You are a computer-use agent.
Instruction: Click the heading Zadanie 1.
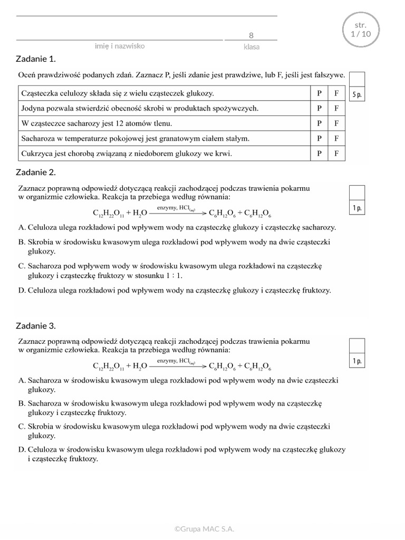36,59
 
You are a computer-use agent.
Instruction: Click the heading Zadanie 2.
36,172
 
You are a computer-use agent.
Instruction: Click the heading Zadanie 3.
36,325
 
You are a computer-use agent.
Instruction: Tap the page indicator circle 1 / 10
360,30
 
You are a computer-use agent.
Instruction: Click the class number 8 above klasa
251,35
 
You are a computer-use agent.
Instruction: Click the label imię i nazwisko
120,46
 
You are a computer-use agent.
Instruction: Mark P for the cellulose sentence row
319,93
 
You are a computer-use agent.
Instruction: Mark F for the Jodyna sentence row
336,108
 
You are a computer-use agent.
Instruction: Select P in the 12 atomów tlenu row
319,123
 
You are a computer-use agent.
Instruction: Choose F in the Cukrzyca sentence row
336,153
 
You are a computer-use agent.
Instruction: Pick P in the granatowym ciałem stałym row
319,139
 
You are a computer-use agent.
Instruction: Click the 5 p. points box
356,95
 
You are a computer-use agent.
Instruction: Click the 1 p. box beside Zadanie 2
356,208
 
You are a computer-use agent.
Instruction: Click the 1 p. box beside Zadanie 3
356,361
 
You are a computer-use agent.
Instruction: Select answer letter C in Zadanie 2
22,266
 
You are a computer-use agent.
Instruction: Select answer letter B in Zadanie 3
22,403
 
